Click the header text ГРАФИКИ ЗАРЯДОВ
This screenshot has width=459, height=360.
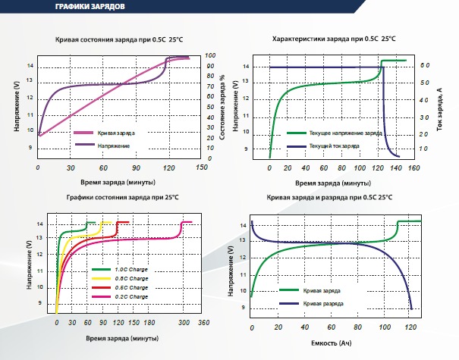(90, 6)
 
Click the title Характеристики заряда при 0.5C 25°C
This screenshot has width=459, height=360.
(334, 39)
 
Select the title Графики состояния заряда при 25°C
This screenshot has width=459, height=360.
(122, 197)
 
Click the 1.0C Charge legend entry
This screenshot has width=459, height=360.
(120, 269)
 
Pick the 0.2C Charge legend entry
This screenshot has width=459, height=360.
(120, 296)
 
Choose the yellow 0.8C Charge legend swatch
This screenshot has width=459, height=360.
(101, 278)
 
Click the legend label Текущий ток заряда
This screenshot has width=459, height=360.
(335, 146)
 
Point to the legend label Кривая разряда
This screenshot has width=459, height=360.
(323, 304)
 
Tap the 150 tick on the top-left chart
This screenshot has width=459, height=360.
(202, 167)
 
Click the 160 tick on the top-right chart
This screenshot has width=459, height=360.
(414, 168)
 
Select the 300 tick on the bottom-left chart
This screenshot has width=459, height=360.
(184, 323)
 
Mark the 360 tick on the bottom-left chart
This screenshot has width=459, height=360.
(204, 323)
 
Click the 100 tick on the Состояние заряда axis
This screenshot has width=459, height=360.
(210, 55)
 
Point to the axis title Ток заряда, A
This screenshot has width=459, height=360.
(439, 109)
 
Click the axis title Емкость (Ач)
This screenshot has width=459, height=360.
(332, 343)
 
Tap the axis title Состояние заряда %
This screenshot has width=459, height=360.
(222, 107)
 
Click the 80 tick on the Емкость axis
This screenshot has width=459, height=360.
(357, 327)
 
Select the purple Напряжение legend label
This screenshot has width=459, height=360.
(114, 146)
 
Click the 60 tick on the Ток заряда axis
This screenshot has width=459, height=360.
(425, 65)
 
